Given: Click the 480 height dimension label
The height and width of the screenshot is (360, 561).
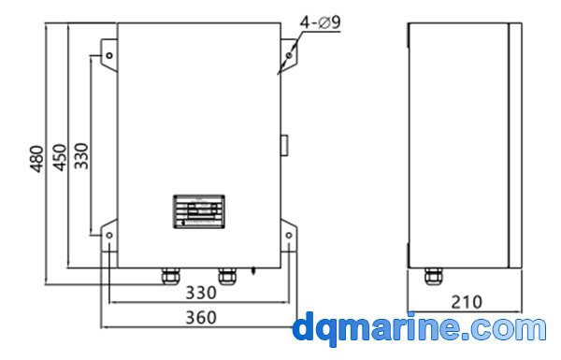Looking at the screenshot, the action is [36, 159].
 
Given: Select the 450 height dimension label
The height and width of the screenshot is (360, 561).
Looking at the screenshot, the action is [60, 157].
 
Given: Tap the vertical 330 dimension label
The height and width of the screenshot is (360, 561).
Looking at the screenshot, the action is [81, 155].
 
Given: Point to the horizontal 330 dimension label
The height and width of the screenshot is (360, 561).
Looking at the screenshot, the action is [201, 293].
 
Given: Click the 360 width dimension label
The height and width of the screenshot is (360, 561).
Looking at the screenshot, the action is [201, 317].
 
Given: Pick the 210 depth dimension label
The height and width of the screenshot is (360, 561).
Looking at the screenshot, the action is [467, 302].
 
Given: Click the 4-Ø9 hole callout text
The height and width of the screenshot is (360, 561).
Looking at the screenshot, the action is [320, 22].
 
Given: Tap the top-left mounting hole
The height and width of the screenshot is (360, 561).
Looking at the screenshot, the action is [109, 55].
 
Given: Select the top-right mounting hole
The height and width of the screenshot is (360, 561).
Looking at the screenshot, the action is [289, 55].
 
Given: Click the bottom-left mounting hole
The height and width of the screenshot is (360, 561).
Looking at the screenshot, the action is [109, 235].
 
